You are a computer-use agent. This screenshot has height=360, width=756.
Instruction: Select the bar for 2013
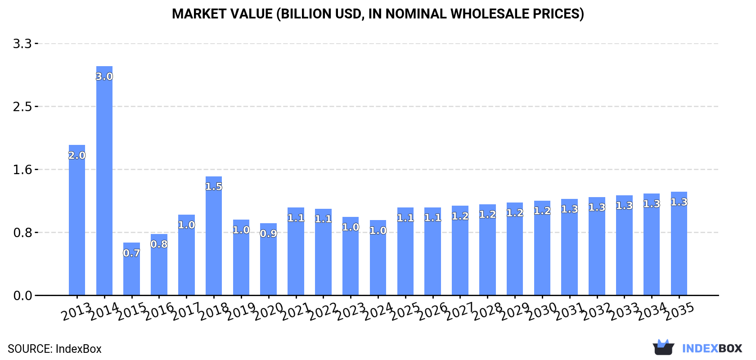(77, 220)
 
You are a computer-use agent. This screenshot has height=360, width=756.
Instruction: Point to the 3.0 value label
(104, 76)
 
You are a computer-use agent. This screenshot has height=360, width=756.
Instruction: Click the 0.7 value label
(131, 253)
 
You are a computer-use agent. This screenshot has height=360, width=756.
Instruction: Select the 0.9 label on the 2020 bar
(268, 234)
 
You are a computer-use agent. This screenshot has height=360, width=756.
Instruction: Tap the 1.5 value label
(214, 187)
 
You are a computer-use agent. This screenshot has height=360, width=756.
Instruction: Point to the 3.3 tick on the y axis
(22, 44)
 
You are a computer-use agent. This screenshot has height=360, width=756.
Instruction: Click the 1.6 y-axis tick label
(22, 170)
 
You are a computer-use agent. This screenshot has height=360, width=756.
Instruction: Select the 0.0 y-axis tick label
(22, 296)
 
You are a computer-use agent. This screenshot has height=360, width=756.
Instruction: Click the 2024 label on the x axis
(378, 311)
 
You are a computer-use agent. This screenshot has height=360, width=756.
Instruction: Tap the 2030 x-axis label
(542, 311)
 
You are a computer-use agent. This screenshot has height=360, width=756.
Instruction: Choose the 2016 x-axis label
(159, 311)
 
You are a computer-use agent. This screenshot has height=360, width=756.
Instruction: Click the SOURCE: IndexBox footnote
(54, 349)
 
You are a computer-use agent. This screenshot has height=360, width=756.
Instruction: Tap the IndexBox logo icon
(663, 347)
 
